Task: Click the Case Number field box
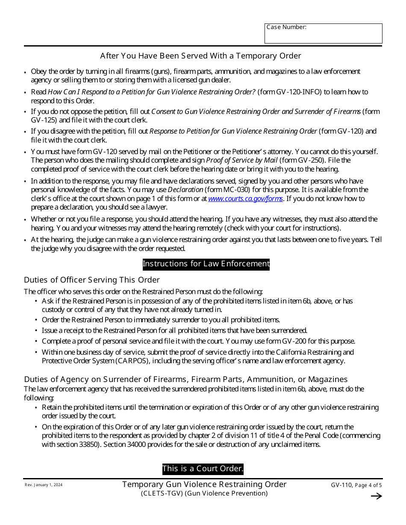click(x=323, y=34)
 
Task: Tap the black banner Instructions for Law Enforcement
click(x=206, y=264)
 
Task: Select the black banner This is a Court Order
click(x=203, y=469)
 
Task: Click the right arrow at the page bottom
click(x=376, y=496)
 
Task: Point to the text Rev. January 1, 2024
click(x=43, y=485)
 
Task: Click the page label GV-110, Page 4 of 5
click(x=356, y=485)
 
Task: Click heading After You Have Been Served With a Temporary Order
click(x=200, y=56)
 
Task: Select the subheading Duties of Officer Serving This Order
click(x=91, y=280)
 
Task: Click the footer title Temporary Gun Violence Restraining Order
click(x=204, y=484)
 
